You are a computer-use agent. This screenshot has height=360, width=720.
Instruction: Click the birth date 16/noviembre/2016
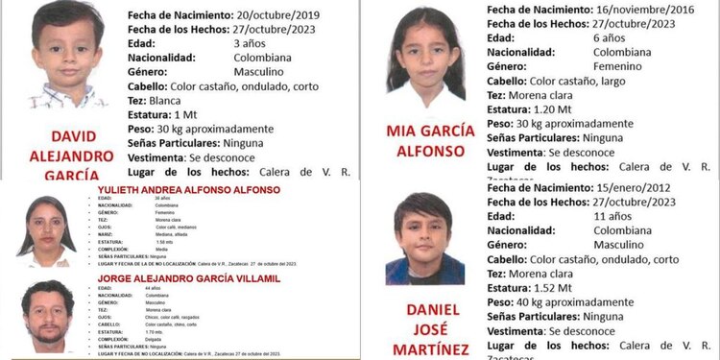pyautogui.click(x=634, y=8)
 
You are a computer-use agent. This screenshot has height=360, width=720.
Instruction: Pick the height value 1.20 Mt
pyautogui.click(x=581, y=109)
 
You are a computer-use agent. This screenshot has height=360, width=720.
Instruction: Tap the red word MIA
pyautogui.click(x=403, y=131)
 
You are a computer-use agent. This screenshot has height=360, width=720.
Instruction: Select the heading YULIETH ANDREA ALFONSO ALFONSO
pyautogui.click(x=189, y=190)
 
